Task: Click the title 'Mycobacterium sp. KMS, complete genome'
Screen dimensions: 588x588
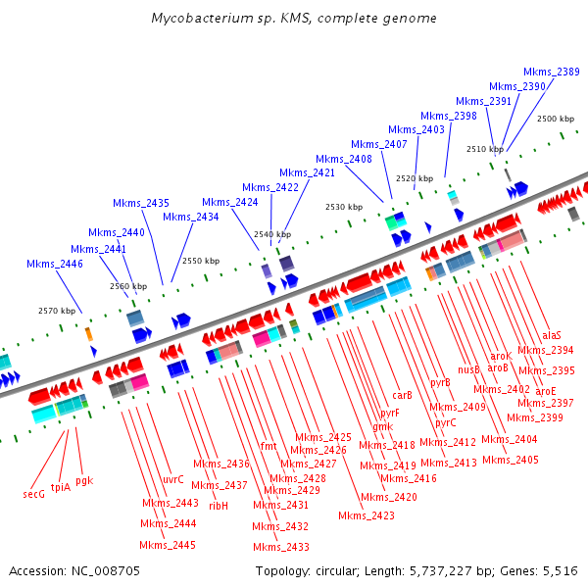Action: (294, 19)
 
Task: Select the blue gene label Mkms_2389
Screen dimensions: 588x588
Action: (551, 72)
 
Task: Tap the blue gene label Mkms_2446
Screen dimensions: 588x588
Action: (55, 264)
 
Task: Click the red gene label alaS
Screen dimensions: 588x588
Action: (552, 335)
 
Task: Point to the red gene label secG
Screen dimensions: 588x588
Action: (34, 494)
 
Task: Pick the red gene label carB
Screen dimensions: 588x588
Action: (402, 395)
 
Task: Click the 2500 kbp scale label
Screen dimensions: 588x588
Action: (556, 119)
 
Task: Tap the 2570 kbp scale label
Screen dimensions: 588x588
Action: (57, 311)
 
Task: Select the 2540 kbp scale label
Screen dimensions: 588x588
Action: (271, 235)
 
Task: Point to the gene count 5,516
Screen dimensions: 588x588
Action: (560, 570)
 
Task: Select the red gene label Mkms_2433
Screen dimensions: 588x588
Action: (281, 547)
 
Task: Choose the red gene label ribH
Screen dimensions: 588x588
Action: (218, 506)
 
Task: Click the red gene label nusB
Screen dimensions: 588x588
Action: (468, 368)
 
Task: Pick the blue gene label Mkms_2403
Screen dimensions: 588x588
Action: (416, 129)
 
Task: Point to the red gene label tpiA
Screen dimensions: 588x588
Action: (60, 486)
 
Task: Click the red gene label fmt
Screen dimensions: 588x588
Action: (269, 446)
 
